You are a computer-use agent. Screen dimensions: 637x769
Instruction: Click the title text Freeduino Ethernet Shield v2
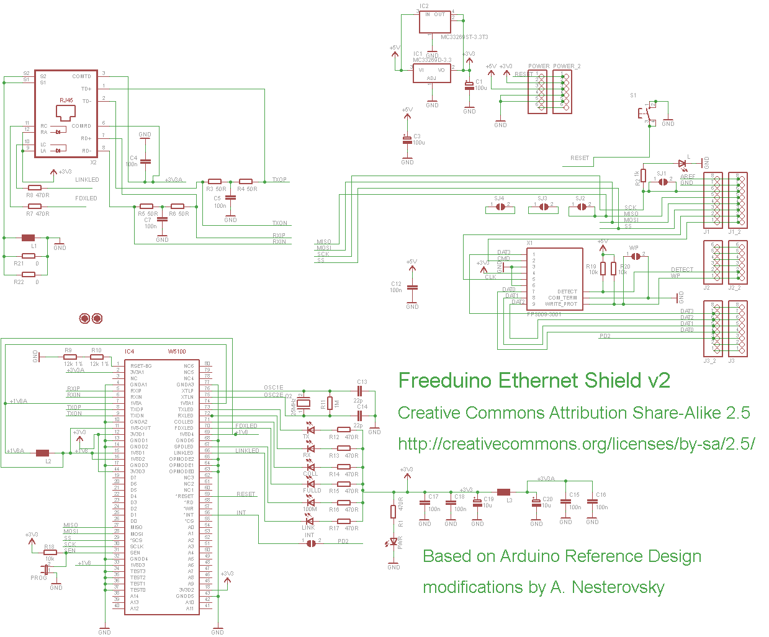[x=534, y=380]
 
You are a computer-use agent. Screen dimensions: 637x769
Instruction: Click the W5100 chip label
[x=177, y=352]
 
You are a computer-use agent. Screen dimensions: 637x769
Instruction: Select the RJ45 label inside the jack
[x=66, y=100]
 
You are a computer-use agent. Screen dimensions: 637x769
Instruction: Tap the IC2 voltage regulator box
[x=434, y=22]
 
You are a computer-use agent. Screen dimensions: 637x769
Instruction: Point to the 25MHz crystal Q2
[x=302, y=404]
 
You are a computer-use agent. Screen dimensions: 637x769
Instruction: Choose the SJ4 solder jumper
[x=500, y=208]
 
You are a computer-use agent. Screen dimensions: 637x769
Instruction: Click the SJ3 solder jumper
[x=543, y=208]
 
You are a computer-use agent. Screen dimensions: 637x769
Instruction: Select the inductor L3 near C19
[x=504, y=492]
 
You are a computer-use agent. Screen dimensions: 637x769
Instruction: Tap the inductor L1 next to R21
[x=28, y=238]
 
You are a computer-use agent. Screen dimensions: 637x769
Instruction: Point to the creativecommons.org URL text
[x=576, y=444]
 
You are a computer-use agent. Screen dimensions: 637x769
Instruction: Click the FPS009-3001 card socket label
[x=544, y=314]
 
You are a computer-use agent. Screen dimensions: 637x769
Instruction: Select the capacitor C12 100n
[x=411, y=287]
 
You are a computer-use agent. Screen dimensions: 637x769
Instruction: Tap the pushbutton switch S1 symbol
[x=647, y=113]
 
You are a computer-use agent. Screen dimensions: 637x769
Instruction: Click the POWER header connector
[x=537, y=92]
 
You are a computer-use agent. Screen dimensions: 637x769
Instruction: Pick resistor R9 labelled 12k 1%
[x=70, y=357]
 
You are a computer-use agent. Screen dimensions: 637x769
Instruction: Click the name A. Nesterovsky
[x=607, y=587]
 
